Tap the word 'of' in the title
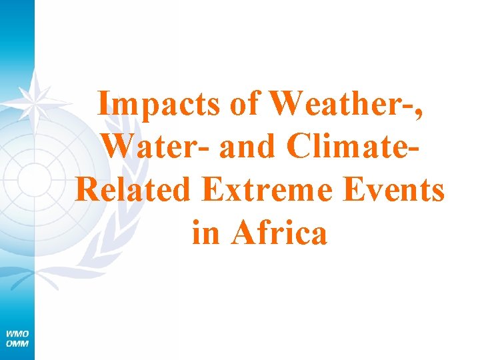point(244,105)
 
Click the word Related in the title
point(134,190)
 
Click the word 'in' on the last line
point(205,233)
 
